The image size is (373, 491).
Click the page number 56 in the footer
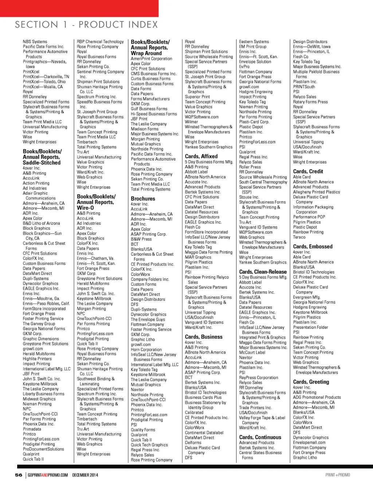[x=19, y=475]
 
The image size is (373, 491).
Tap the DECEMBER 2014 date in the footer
[x=85, y=475]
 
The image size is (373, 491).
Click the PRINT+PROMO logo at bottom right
[x=337, y=475]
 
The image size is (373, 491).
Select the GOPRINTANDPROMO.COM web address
[x=48, y=475]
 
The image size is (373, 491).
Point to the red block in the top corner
[x=79, y=8]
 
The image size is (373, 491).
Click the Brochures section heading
[x=143, y=199]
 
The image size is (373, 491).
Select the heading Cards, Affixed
[x=201, y=156]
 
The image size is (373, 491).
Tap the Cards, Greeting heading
[x=311, y=382]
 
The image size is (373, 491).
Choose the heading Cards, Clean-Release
[x=263, y=272]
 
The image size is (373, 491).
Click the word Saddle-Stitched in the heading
[x=42, y=163]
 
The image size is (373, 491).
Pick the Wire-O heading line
[x=85, y=208]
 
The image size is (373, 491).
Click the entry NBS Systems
[x=35, y=42]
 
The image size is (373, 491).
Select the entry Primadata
[x=32, y=429]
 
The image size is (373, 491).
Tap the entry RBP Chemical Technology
[x=100, y=42]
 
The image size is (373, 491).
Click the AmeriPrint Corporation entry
[x=152, y=59]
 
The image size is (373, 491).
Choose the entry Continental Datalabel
[x=204, y=433]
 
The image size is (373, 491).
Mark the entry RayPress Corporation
[x=258, y=378]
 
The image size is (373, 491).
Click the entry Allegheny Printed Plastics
[x=316, y=192]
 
